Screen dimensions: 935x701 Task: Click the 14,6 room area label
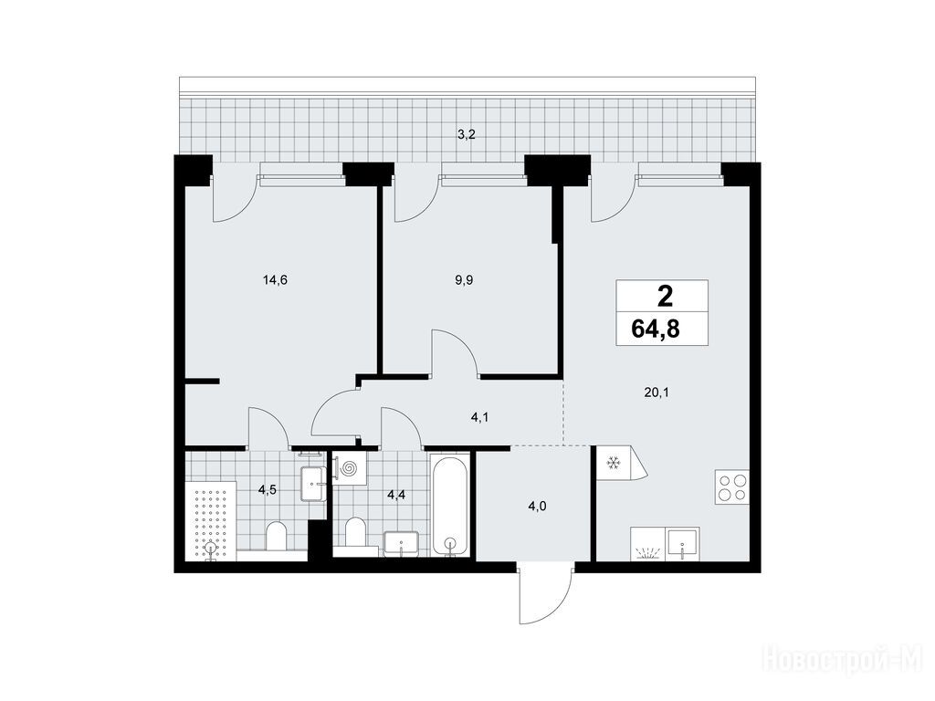(275, 280)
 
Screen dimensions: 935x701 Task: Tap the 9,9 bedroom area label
(464, 280)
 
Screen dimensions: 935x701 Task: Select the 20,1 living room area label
(656, 392)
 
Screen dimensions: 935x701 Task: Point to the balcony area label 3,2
(466, 135)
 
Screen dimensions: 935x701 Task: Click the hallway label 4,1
(479, 417)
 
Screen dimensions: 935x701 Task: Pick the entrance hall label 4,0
(537, 507)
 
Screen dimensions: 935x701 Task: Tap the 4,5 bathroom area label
(267, 490)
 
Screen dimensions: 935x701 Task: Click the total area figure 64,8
(656, 329)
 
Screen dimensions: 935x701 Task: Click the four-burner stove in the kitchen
(732, 487)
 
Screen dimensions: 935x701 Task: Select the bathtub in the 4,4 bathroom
(449, 506)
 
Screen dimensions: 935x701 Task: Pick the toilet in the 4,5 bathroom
(276, 537)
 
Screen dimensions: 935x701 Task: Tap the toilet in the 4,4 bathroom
(356, 533)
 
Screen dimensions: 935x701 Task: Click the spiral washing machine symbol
(349, 468)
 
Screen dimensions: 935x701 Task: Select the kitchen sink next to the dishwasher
(683, 543)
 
